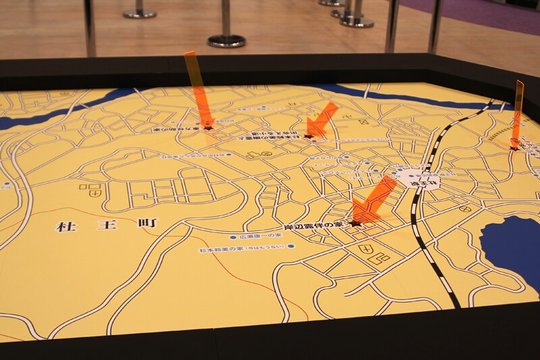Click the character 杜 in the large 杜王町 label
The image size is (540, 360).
pyautogui.click(x=65, y=226)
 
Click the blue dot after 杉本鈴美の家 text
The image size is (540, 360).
pyautogui.click(x=292, y=247)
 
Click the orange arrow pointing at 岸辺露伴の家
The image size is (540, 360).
pyautogui.click(x=373, y=199)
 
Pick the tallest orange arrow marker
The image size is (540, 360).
pyautogui.click(x=197, y=88)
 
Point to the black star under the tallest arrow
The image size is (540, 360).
pyautogui.click(x=209, y=126)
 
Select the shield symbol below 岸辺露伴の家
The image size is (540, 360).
pyautogui.click(x=368, y=250)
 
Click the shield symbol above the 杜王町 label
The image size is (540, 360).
pyautogui.click(x=98, y=192)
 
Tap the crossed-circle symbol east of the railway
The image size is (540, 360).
pyautogui.click(x=465, y=209)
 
